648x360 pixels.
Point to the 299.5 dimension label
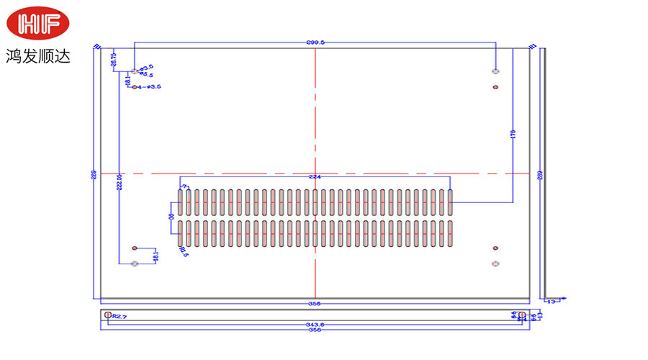pyautogui.click(x=315, y=42)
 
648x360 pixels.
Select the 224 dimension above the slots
pyautogui.click(x=314, y=177)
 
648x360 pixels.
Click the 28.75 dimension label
pyautogui.click(x=114, y=60)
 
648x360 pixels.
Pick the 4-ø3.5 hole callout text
pyautogui.click(x=149, y=87)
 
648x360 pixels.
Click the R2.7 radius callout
pyautogui.click(x=120, y=317)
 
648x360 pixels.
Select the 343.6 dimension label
pyautogui.click(x=314, y=325)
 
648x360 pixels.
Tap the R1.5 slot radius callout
pyautogui.click(x=183, y=251)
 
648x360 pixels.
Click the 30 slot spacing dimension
pyautogui.click(x=171, y=217)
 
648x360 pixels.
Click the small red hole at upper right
pyautogui.click(x=495, y=87)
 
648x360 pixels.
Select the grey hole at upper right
pyautogui.click(x=495, y=71)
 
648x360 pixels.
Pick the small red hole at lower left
pyautogui.click(x=135, y=248)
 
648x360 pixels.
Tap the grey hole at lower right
pyautogui.click(x=495, y=264)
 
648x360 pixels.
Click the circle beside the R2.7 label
pyautogui.click(x=108, y=315)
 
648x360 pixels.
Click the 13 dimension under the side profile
pyautogui.click(x=552, y=302)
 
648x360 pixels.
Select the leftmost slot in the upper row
pyautogui.click(x=181, y=202)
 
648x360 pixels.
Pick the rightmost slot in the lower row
pyautogui.click(x=450, y=234)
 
